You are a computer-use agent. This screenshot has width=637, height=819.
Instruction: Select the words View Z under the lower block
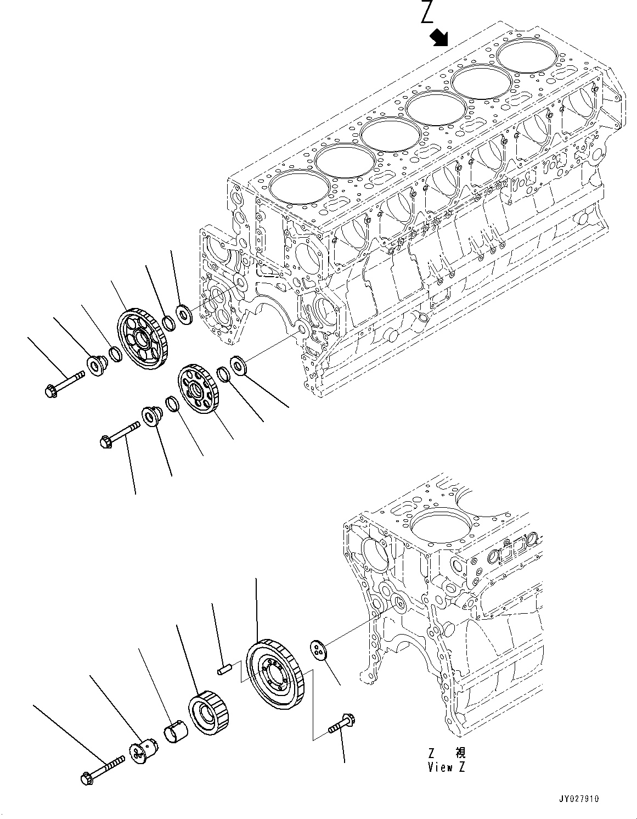tap(446, 767)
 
